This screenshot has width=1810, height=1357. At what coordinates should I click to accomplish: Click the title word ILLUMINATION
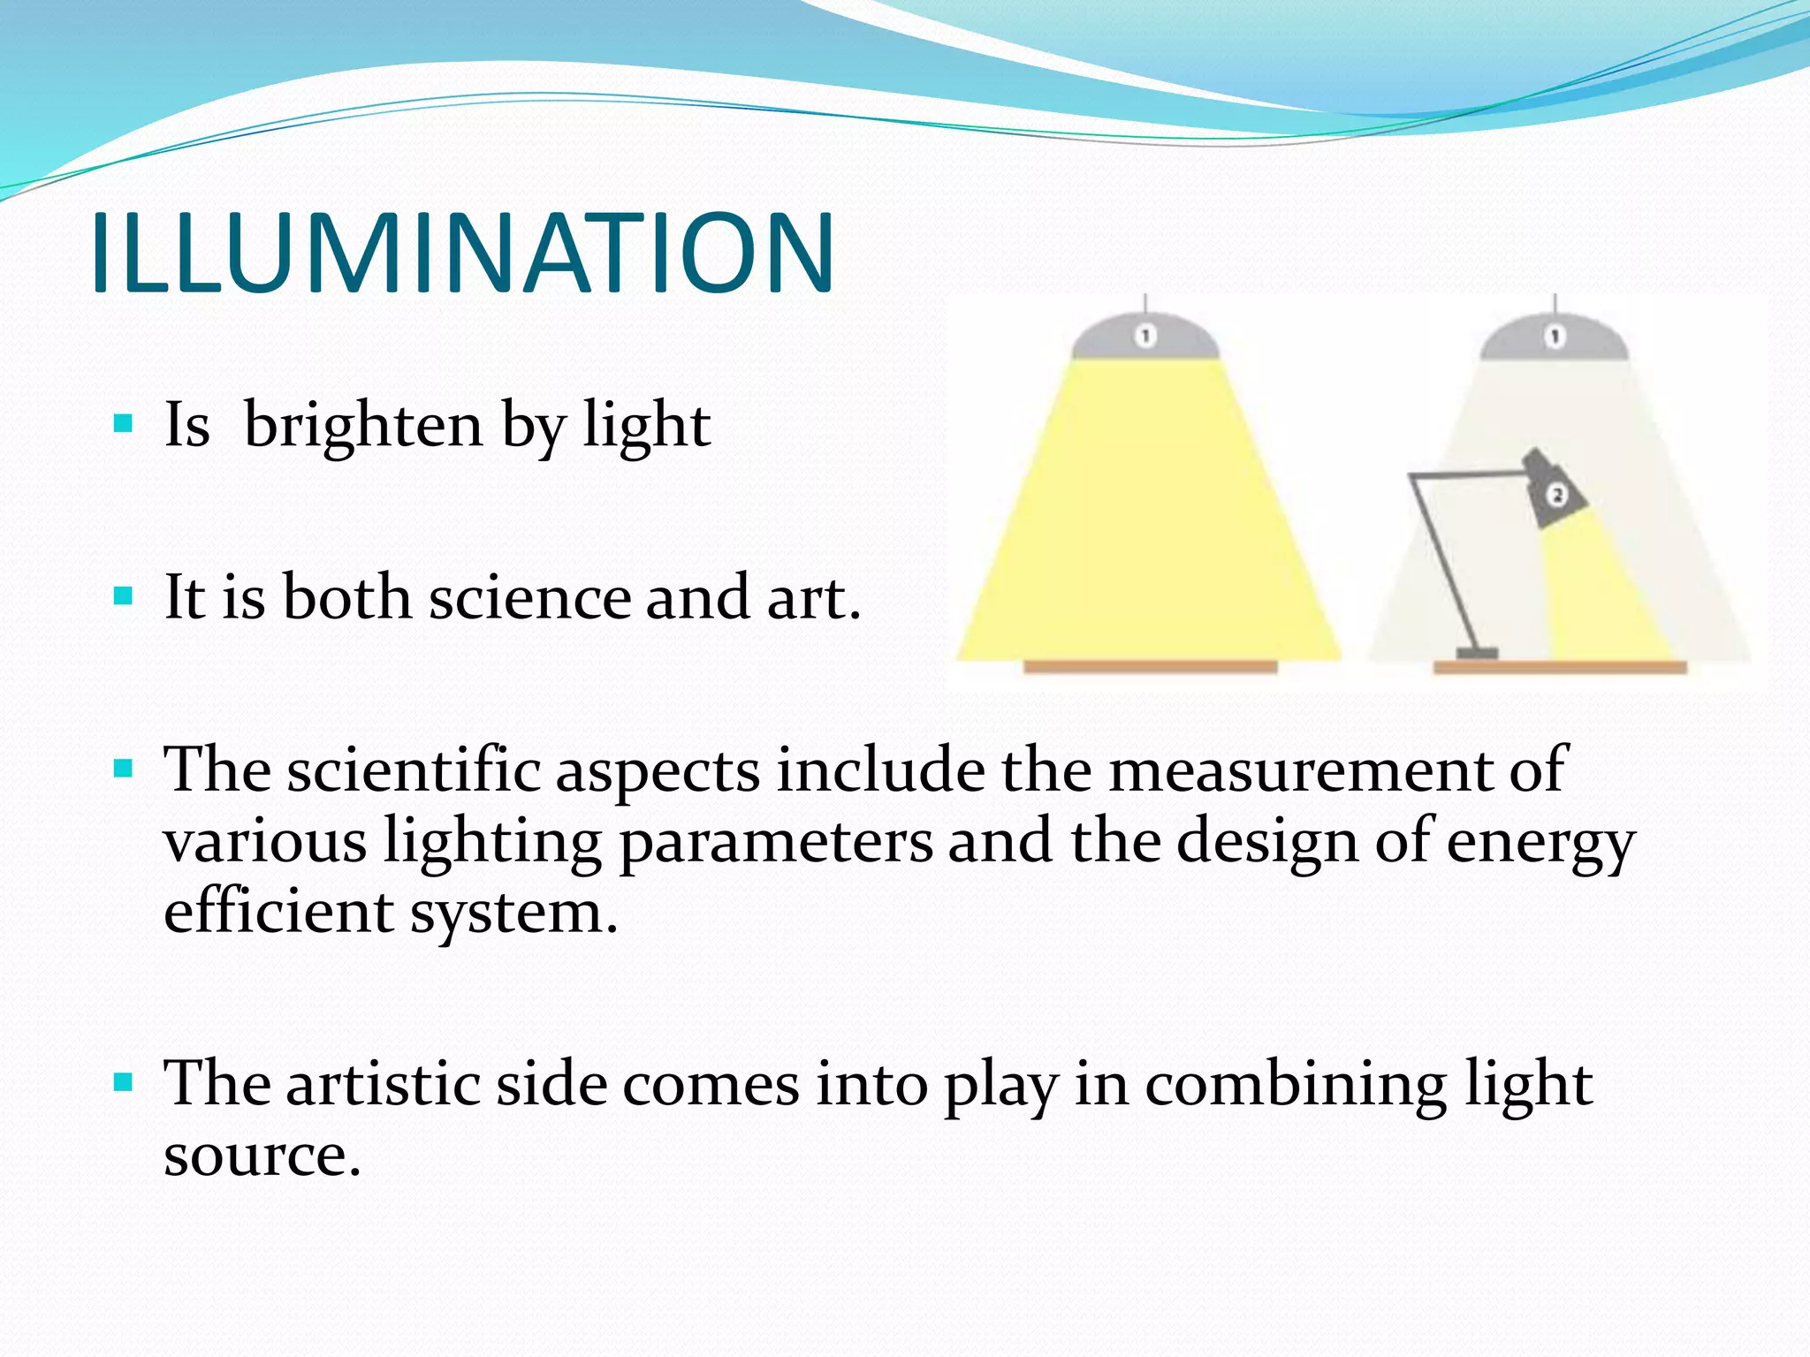[x=461, y=254]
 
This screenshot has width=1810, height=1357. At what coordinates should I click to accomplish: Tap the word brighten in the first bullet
[x=363, y=425]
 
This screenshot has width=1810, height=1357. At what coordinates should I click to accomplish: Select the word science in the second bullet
[x=529, y=598]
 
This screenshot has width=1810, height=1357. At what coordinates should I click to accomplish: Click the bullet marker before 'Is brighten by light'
[x=124, y=424]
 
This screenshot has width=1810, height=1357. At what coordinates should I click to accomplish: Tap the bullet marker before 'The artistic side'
[x=124, y=1082]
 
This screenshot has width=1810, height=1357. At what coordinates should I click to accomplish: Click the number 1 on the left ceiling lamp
[x=1145, y=336]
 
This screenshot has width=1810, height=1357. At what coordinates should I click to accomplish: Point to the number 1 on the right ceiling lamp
[x=1555, y=337]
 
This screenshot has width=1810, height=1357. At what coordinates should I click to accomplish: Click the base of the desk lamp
[x=1477, y=654]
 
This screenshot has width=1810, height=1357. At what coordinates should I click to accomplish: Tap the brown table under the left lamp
[x=1149, y=667]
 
